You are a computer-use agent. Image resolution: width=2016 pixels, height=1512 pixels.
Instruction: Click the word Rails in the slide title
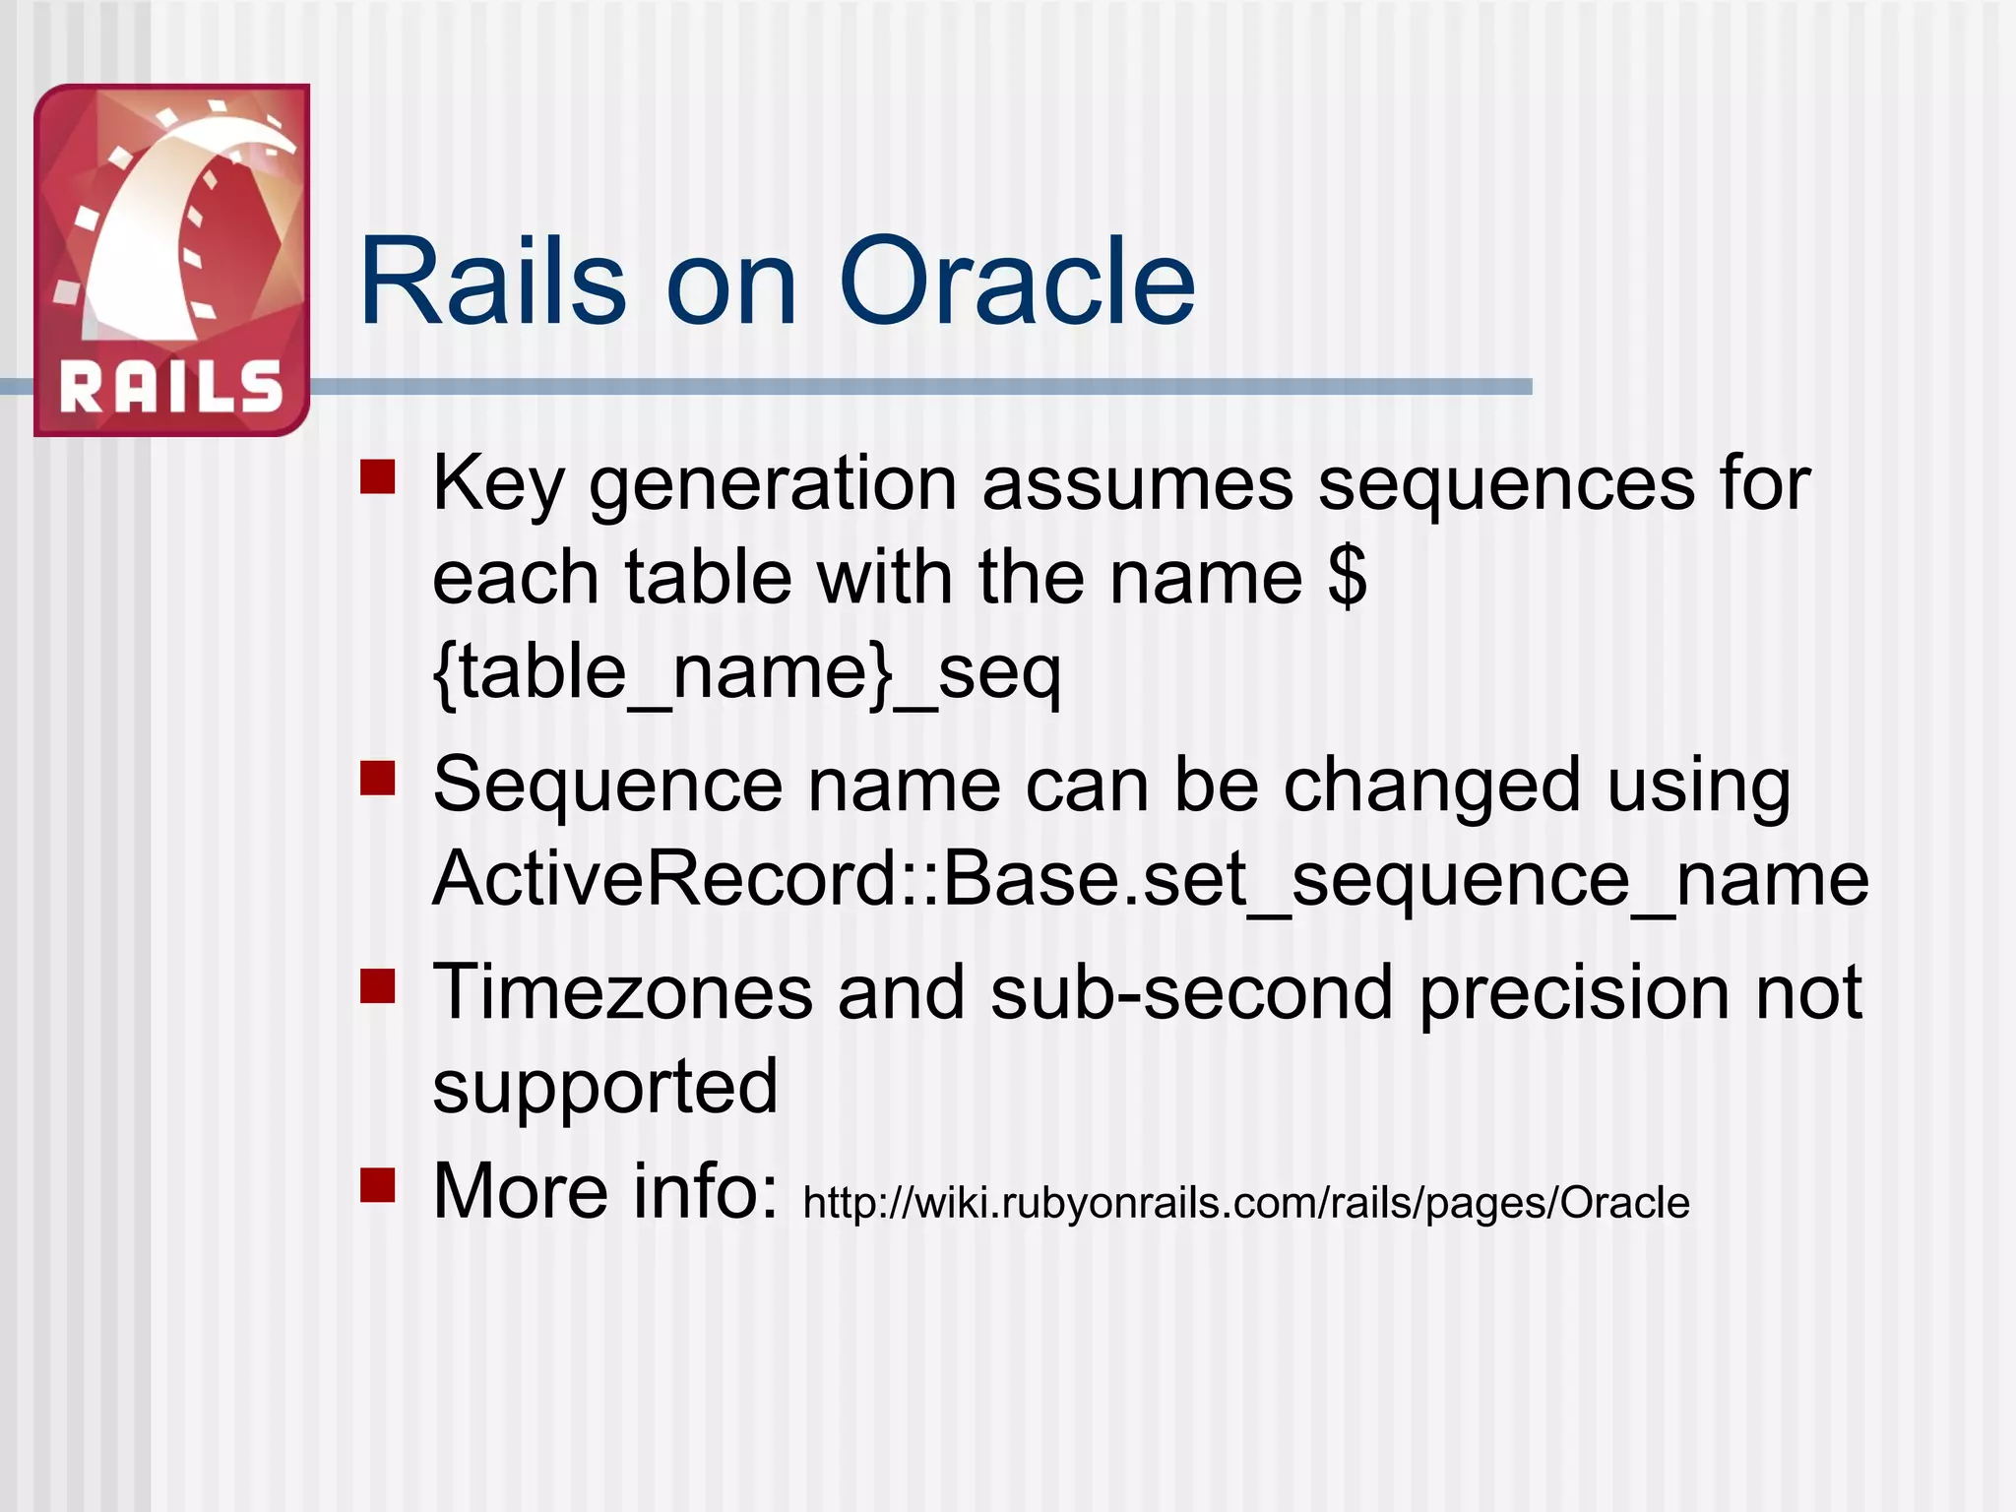(x=492, y=283)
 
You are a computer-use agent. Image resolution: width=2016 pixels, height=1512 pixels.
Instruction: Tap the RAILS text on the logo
(x=171, y=387)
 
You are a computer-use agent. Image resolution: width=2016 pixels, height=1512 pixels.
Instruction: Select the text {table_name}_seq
(x=746, y=673)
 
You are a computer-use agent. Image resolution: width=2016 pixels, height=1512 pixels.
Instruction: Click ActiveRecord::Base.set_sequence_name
(x=1150, y=878)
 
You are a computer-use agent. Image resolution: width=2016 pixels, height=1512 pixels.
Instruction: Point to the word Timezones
(x=622, y=992)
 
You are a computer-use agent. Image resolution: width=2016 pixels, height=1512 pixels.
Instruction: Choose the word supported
(x=604, y=1087)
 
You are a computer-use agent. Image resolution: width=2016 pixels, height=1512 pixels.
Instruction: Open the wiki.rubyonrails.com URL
(x=1245, y=1203)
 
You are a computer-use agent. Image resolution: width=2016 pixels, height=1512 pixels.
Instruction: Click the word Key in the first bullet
(x=498, y=484)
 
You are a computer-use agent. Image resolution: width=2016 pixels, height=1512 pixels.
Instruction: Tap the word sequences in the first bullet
(x=1506, y=484)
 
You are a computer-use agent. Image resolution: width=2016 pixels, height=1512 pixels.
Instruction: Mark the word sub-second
(x=1191, y=992)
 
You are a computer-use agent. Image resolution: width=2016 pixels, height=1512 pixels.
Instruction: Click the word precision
(x=1573, y=992)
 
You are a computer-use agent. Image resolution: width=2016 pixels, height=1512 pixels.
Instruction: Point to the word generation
(x=773, y=484)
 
